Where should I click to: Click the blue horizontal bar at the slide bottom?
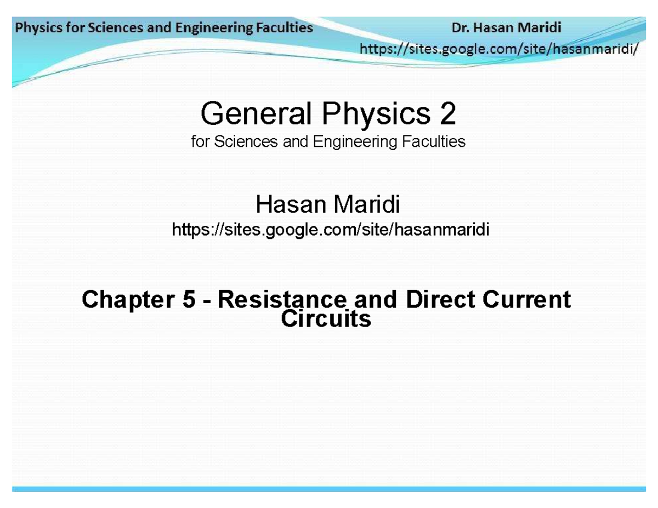coord(329,488)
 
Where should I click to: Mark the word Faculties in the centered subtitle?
coord(437,142)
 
